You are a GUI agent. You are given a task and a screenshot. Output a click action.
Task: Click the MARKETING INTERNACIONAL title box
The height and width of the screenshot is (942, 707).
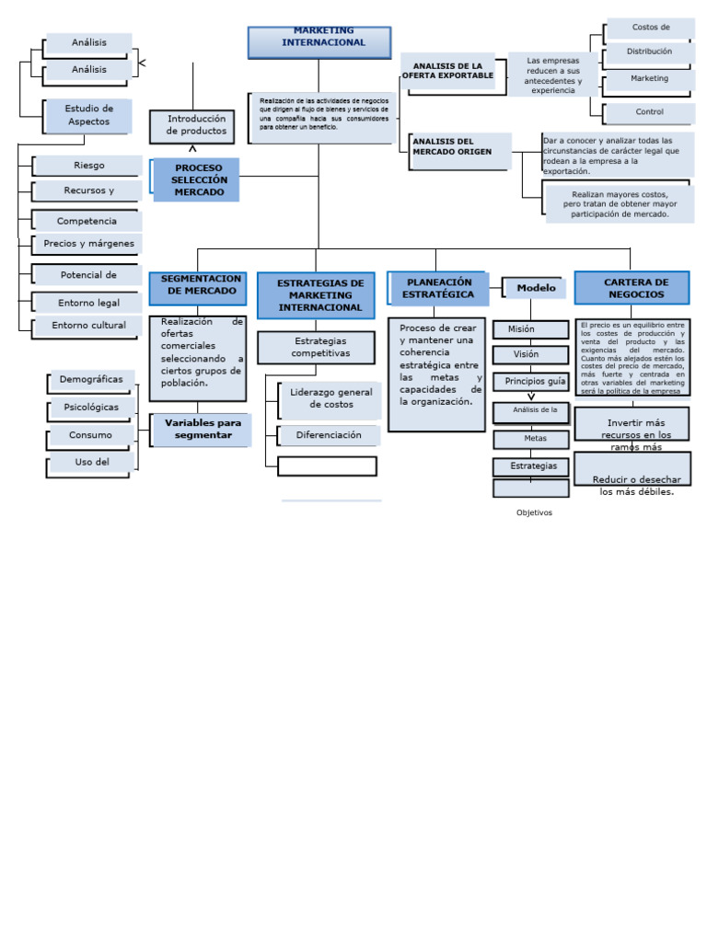click(319, 42)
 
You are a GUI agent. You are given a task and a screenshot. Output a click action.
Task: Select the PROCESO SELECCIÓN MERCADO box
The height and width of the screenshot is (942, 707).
click(197, 180)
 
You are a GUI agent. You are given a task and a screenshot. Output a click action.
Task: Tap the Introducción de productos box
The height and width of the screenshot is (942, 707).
click(191, 126)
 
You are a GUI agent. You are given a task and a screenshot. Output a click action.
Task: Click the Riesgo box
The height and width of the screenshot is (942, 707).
click(89, 166)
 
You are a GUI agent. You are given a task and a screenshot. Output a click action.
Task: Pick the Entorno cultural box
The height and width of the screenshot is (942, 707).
click(88, 326)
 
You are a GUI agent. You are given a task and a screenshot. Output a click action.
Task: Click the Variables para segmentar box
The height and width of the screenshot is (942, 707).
click(202, 430)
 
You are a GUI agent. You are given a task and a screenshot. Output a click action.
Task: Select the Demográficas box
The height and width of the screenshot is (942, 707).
click(90, 380)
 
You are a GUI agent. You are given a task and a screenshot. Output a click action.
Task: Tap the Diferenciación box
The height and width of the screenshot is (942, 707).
click(328, 435)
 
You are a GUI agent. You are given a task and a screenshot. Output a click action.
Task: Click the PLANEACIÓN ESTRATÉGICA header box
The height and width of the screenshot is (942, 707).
click(437, 288)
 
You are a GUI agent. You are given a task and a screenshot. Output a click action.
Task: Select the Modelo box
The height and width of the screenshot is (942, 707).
click(535, 288)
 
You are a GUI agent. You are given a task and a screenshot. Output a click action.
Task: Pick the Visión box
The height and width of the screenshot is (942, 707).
click(529, 354)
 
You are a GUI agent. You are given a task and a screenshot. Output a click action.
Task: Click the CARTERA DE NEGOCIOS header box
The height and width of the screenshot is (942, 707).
click(632, 287)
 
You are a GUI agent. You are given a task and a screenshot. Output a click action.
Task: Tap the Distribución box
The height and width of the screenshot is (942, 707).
click(649, 52)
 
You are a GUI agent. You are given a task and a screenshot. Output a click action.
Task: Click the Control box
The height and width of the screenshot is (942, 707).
click(649, 112)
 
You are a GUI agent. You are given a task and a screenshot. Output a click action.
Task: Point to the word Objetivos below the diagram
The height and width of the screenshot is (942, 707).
click(534, 512)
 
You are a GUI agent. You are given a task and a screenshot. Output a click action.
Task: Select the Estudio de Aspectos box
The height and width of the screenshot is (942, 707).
click(88, 116)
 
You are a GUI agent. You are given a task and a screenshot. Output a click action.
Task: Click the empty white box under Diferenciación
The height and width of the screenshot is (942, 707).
click(327, 465)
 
